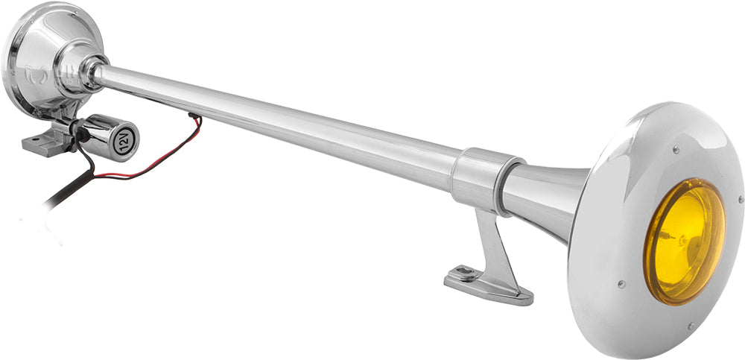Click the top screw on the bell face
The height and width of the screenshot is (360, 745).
click(x=675, y=149)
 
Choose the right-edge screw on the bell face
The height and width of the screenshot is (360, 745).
click(x=739, y=200)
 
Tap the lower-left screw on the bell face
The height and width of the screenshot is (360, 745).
click(x=620, y=284)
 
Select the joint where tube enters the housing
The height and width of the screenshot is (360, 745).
click(x=95, y=71)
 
